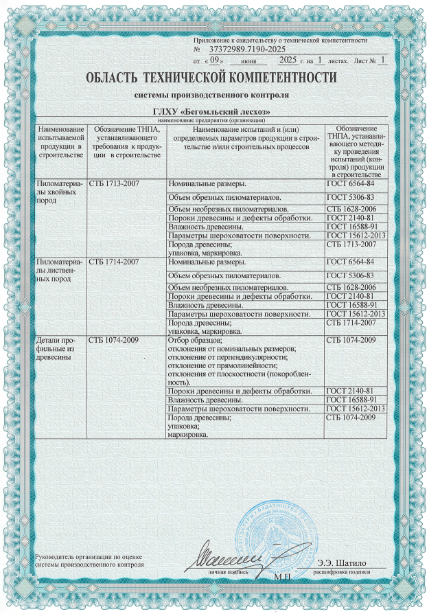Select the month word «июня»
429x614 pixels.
point(249,61)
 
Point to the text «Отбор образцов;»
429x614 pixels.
point(195,341)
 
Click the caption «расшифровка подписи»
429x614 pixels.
point(341,572)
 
